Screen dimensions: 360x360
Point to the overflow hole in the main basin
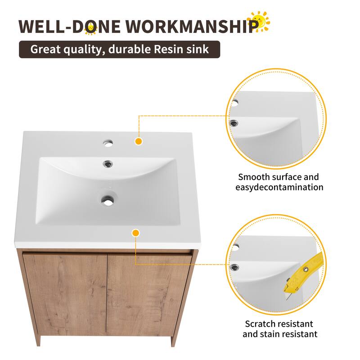(x=108, y=163)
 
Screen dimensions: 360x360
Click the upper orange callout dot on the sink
(x=139, y=141)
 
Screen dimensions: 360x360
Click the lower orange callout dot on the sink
(x=135, y=233)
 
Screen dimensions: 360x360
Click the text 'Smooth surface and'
(x=278, y=177)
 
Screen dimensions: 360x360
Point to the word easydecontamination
(x=280, y=187)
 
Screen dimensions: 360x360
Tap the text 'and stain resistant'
(x=280, y=334)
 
